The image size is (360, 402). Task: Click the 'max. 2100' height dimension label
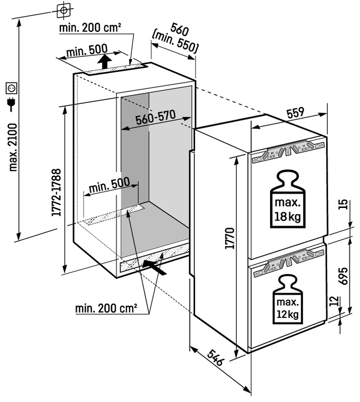(x=13, y=147)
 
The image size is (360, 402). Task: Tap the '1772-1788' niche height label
(x=56, y=192)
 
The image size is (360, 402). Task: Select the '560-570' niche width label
(x=156, y=118)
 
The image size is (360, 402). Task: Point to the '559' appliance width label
(x=295, y=113)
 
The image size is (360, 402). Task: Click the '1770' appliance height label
(x=230, y=238)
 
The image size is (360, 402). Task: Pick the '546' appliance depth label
(x=215, y=358)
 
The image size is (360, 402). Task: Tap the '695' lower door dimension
(x=343, y=276)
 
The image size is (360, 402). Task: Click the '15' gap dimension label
(x=343, y=204)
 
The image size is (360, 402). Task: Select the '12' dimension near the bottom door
(x=334, y=302)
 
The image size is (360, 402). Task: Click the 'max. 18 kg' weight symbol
(x=288, y=199)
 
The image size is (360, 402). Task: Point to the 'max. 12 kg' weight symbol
(x=288, y=299)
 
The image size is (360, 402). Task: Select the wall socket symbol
(x=11, y=88)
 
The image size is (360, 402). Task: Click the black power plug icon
(x=11, y=104)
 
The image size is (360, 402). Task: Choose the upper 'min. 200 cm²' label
(x=90, y=28)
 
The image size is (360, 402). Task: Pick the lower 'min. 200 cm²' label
(x=106, y=308)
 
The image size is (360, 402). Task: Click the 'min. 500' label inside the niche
(x=109, y=185)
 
